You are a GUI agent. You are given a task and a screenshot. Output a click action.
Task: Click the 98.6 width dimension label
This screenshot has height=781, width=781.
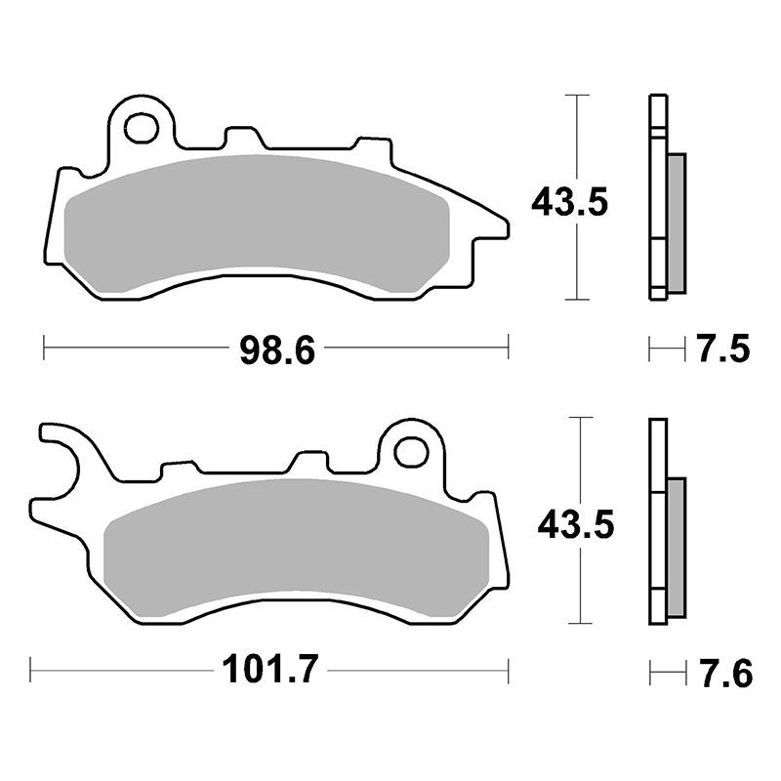tap(277, 350)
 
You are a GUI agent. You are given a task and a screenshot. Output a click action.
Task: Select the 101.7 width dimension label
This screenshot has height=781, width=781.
tap(269, 670)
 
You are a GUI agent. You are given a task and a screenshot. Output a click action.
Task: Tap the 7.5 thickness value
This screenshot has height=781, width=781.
tap(722, 349)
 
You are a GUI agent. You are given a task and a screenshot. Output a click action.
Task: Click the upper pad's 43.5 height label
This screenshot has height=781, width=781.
tap(570, 203)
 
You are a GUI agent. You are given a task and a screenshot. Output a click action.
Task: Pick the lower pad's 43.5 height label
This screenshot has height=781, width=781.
tap(576, 524)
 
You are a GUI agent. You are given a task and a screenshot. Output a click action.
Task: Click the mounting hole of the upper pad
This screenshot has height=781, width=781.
tap(142, 128)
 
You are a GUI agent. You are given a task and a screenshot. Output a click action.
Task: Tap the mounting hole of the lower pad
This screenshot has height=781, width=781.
tap(411, 452)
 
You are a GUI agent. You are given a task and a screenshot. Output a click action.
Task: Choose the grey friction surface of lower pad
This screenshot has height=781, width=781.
tap(296, 547)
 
